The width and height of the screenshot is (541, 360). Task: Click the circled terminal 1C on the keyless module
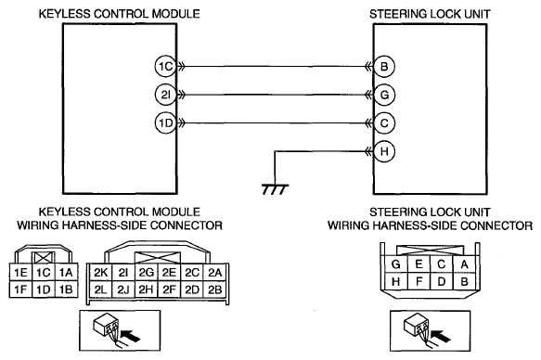[x=165, y=66]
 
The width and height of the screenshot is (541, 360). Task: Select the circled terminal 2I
[x=165, y=95]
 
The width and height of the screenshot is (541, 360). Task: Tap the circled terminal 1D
[x=165, y=123]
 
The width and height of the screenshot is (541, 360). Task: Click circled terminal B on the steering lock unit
[x=384, y=66]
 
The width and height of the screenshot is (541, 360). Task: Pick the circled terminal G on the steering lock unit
[x=384, y=95]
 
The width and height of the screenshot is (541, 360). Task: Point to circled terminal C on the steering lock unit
[x=384, y=123]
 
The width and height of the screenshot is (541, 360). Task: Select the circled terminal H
[x=384, y=151]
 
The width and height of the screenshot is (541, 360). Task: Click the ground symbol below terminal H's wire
[x=275, y=189]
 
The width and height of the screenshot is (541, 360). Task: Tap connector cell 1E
[x=20, y=273]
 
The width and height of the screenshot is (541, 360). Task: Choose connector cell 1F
[x=20, y=289]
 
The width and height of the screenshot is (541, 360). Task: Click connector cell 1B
[x=66, y=289]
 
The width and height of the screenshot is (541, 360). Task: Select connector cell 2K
[x=100, y=273]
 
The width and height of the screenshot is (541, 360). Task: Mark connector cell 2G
[x=146, y=273]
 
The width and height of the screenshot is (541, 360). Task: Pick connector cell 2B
[x=215, y=289]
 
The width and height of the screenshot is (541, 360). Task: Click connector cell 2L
[x=100, y=289]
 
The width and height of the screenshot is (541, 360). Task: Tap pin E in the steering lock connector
[x=419, y=264]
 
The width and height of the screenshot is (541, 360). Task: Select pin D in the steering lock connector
[x=442, y=282]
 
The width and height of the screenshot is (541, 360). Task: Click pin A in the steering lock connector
[x=464, y=264]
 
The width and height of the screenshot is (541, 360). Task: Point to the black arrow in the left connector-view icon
[x=132, y=336]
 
